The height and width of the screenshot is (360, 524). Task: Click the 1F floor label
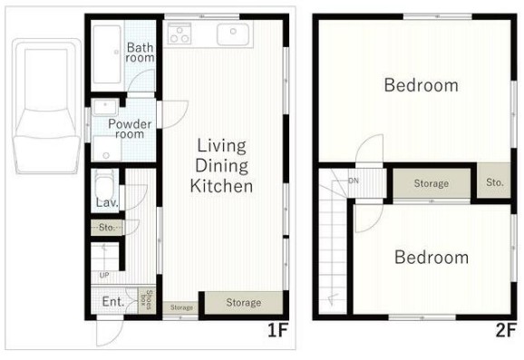[x=277, y=331]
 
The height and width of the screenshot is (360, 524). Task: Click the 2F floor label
[x=506, y=331]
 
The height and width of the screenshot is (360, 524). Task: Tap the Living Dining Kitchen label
[x=221, y=166]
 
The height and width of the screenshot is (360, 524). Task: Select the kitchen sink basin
[x=233, y=34]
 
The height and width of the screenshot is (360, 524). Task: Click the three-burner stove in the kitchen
[x=180, y=34]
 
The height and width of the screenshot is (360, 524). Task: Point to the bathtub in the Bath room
[x=107, y=54]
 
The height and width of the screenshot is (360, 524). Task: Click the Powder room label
[x=130, y=129]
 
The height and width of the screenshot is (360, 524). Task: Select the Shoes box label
[x=147, y=300]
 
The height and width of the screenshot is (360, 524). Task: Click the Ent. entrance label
[x=113, y=302]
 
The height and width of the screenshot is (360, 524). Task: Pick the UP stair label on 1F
[x=104, y=275]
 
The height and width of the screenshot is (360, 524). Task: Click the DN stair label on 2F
[x=354, y=180]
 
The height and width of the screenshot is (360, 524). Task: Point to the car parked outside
[x=46, y=106]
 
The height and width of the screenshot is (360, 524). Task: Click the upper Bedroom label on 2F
[x=421, y=85]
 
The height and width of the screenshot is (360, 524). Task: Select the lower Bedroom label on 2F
[x=432, y=257]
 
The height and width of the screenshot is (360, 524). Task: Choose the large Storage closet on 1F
[x=244, y=303]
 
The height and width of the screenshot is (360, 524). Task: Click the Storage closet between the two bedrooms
[x=432, y=183]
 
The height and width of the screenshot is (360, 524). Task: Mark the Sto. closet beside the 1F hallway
[x=107, y=228]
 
